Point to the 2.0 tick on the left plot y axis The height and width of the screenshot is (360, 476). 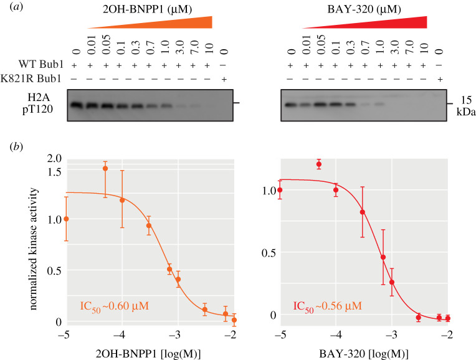click(x=54, y=158)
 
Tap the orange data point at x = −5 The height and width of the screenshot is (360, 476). click(x=67, y=219)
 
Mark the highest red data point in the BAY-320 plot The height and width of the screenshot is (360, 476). click(x=318, y=164)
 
